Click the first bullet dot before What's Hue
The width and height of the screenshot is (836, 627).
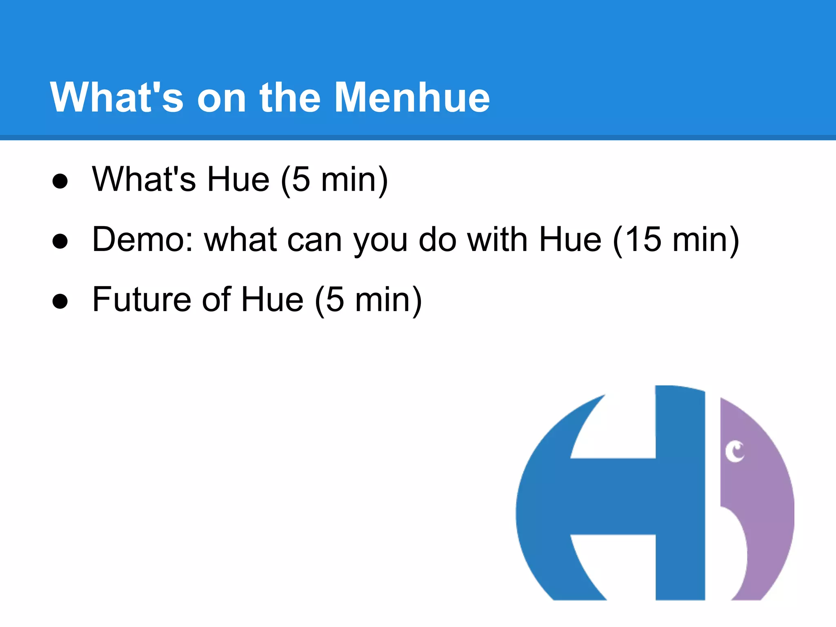click(60, 181)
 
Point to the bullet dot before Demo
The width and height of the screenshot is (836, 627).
click(60, 241)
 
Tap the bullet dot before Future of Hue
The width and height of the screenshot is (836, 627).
click(60, 301)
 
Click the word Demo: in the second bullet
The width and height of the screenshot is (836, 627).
click(142, 240)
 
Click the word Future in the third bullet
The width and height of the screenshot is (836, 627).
click(141, 300)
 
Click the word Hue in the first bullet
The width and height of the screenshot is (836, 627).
click(238, 180)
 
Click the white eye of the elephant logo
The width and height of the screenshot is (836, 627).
click(735, 452)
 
